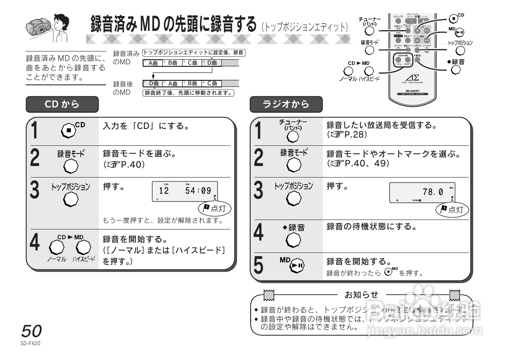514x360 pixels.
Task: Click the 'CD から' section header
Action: [62, 104]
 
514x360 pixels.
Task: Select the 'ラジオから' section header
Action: [286, 104]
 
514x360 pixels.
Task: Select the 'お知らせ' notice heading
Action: [361, 295]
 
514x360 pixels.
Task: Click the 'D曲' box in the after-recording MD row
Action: [153, 84]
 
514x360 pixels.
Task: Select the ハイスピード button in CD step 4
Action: [83, 247]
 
